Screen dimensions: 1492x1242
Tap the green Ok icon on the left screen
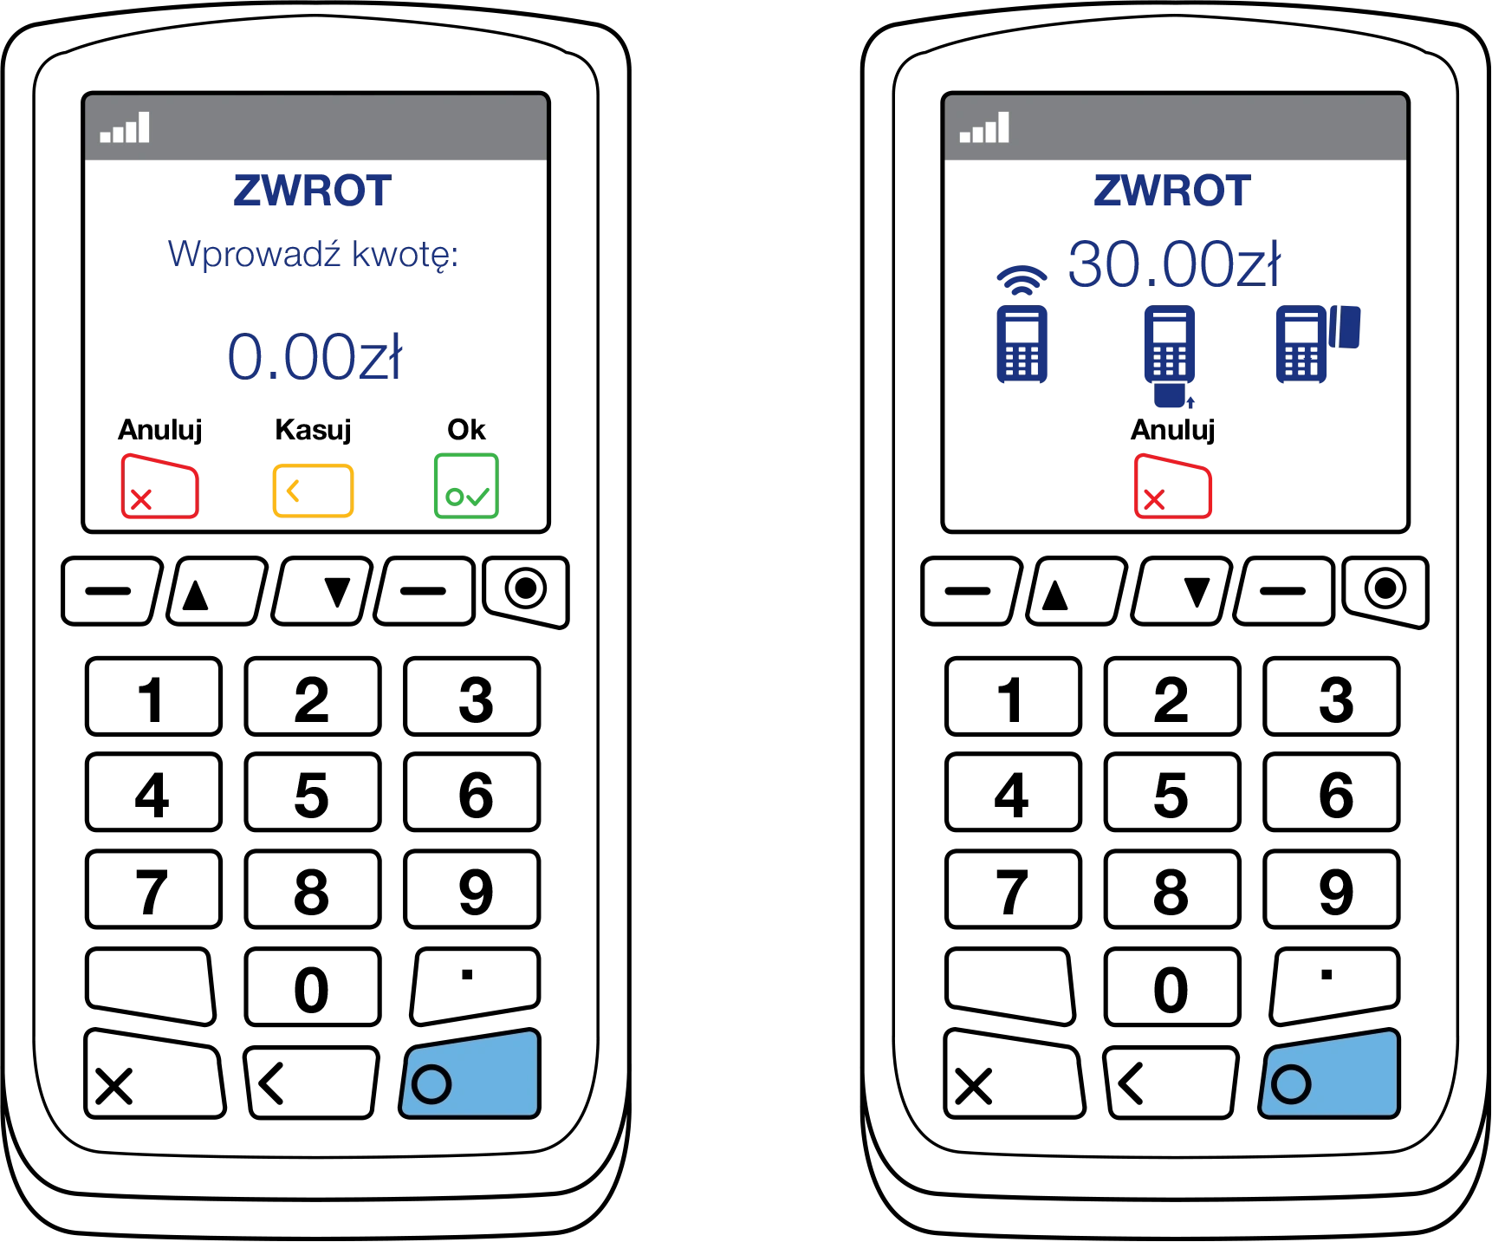coord(466,486)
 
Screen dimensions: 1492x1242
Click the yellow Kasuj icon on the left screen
coord(313,491)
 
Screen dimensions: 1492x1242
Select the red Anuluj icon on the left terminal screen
coord(159,486)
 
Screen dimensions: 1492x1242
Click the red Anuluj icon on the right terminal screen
coord(1172,486)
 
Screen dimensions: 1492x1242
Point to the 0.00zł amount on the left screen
coord(315,356)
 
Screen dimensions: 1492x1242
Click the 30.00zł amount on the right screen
coord(1174,263)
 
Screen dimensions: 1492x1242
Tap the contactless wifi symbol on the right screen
coord(1022,279)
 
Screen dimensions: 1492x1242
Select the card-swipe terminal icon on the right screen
coord(1318,343)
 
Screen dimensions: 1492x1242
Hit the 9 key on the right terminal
coord(1332,889)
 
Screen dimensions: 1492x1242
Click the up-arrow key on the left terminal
coord(217,592)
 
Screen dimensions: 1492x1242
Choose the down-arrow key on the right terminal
coord(1181,592)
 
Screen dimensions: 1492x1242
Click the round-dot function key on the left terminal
coord(526,591)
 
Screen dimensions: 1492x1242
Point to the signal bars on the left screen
coord(125,127)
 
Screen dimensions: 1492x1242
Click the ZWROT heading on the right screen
coord(1172,191)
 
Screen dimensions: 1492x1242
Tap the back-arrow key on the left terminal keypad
coord(312,1083)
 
